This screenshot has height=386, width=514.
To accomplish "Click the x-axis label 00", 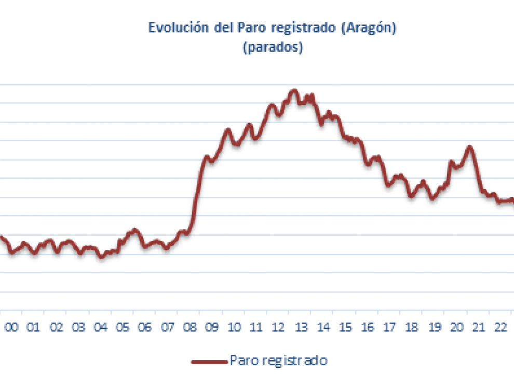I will pos(11,327).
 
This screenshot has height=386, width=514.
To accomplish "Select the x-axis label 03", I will pos(78,327).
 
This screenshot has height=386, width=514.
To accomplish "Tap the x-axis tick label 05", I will pos(123,327).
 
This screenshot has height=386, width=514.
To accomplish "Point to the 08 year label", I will pos(189,327).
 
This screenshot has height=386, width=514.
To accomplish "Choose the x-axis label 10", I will pos(234,327).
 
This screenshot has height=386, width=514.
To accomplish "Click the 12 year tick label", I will pos(278,327).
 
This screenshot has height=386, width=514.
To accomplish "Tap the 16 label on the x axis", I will pos(368,327).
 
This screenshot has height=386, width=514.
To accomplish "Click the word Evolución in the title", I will pos(179,28).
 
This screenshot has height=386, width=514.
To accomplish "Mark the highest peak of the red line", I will pos(294,91).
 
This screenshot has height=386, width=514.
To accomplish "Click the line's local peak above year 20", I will pos(469,147).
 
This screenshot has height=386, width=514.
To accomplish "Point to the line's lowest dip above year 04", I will pos(101,257).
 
